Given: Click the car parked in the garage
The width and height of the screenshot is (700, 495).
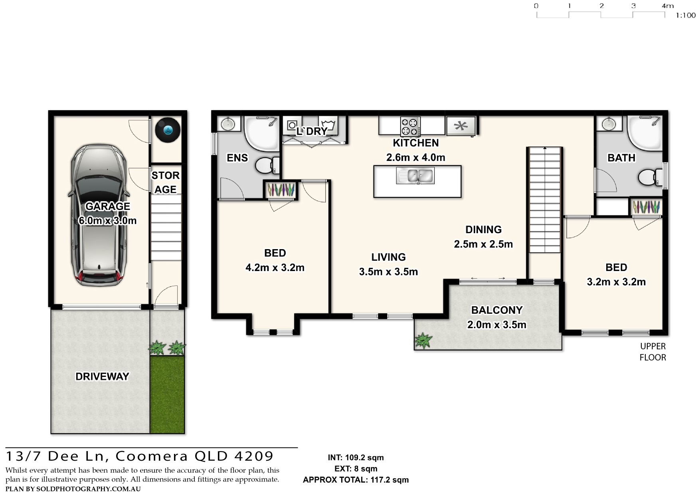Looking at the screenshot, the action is click(99, 215).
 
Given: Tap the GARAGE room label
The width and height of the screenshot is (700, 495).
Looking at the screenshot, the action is click(108, 206).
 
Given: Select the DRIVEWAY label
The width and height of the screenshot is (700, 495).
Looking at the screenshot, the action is click(102, 376).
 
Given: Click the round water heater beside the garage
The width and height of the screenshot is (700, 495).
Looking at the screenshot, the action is click(168, 130).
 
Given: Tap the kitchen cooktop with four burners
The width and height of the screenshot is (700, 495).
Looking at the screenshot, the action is click(411, 126).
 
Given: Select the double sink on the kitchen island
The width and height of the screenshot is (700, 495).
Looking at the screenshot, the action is click(415, 176).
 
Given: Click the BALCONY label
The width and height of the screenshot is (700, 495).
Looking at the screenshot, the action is click(497, 310).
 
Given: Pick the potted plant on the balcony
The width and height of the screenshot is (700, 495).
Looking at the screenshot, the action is click(423, 341).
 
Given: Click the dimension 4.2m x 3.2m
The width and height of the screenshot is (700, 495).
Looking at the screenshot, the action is click(275, 267).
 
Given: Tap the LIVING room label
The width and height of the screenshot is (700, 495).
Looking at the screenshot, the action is click(389, 257).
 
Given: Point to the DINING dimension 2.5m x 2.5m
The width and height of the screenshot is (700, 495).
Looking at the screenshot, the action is click(483, 244).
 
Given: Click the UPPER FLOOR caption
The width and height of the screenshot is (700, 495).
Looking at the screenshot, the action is click(653, 352).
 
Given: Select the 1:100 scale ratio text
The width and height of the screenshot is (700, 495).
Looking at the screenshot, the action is click(686, 16).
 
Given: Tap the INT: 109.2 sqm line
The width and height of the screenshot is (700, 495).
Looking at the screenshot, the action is click(356, 457).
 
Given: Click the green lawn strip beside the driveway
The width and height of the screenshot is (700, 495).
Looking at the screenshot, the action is click(167, 394).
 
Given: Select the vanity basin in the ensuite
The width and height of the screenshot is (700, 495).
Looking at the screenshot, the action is click(228, 124).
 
